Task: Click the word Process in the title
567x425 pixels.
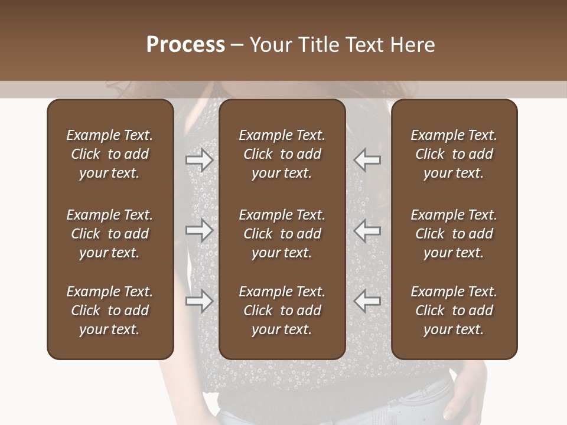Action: click(185, 45)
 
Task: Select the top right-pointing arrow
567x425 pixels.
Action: click(200, 160)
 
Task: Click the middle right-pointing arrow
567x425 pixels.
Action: click(200, 230)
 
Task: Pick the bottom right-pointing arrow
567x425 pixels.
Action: click(200, 301)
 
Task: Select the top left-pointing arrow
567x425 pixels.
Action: click(367, 160)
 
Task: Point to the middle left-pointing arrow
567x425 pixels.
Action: click(367, 230)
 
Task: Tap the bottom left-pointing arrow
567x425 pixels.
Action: click(367, 301)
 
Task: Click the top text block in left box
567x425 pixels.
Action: click(110, 154)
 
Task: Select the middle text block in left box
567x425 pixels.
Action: click(110, 234)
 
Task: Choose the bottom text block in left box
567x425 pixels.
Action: click(110, 310)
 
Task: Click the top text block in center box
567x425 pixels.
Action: click(282, 154)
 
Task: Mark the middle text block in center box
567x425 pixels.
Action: click(282, 234)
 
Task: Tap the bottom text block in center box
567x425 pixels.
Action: click(282, 310)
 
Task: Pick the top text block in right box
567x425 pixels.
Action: click(454, 154)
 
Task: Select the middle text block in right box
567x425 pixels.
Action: click(454, 234)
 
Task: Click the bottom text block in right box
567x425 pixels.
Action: click(454, 310)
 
